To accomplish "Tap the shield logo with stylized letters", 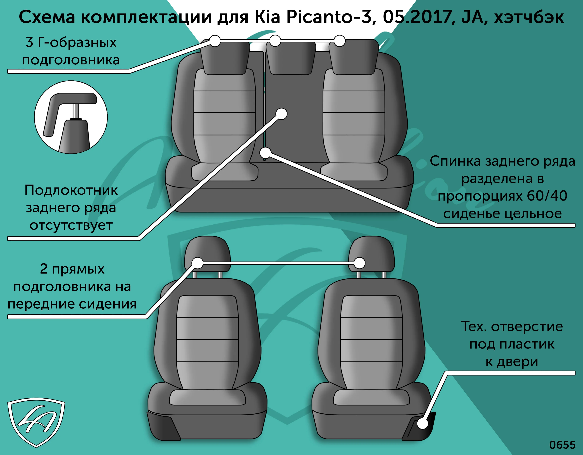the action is pos(36,422).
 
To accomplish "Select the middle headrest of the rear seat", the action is pos(291,57).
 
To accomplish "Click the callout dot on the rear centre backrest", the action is pos(281,114).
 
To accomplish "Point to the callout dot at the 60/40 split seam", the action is pos(265,153).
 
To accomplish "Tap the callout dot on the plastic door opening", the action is pos(422,423).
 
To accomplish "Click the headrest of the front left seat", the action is pos(207,254).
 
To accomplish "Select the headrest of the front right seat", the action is pos(371,254).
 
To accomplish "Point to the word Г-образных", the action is pos(77,43).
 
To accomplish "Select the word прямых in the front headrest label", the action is pos(78,269).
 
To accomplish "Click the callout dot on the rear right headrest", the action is pos(340,41).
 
